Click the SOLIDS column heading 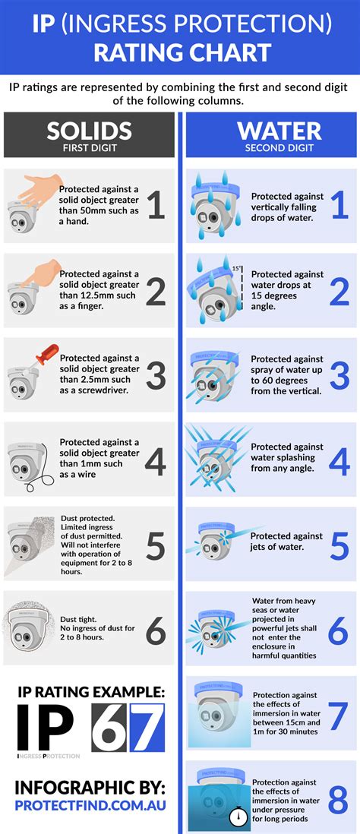click(89, 130)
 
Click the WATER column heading click(270, 130)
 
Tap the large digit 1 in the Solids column click(155, 205)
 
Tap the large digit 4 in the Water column click(337, 460)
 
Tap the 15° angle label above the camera click(236, 268)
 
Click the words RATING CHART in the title click(181, 52)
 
